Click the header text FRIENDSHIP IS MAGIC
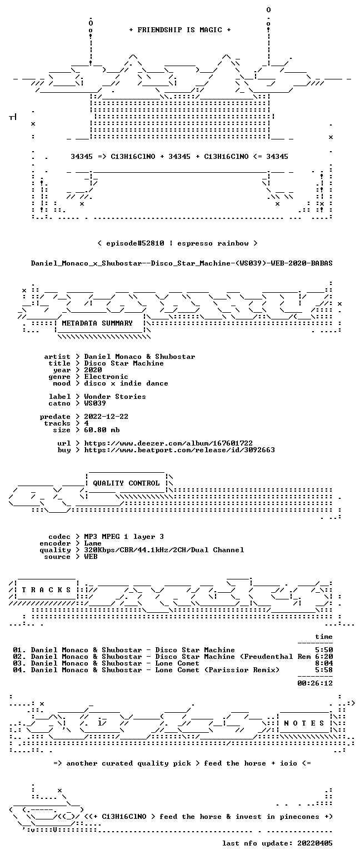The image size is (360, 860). (x=180, y=30)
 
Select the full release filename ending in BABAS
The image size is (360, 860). (x=182, y=263)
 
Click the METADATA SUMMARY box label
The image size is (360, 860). (x=97, y=323)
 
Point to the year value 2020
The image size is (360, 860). (x=93, y=370)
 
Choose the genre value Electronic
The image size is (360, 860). (x=106, y=377)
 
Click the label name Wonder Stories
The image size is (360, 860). (x=115, y=397)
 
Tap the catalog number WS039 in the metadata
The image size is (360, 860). (x=95, y=403)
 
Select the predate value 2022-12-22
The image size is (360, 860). (x=106, y=417)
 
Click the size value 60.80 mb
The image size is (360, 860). (x=102, y=430)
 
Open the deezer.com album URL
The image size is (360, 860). (x=168, y=443)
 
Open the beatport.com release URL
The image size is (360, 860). (x=179, y=450)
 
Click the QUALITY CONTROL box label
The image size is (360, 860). (x=126, y=483)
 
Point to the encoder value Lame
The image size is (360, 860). (x=93, y=544)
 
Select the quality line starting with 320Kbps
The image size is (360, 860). (x=164, y=550)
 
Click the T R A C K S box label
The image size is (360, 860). (x=47, y=589)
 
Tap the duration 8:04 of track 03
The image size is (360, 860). (x=324, y=663)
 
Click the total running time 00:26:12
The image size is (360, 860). (x=315, y=683)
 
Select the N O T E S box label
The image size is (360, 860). (x=304, y=723)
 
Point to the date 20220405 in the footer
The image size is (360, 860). (x=315, y=843)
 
